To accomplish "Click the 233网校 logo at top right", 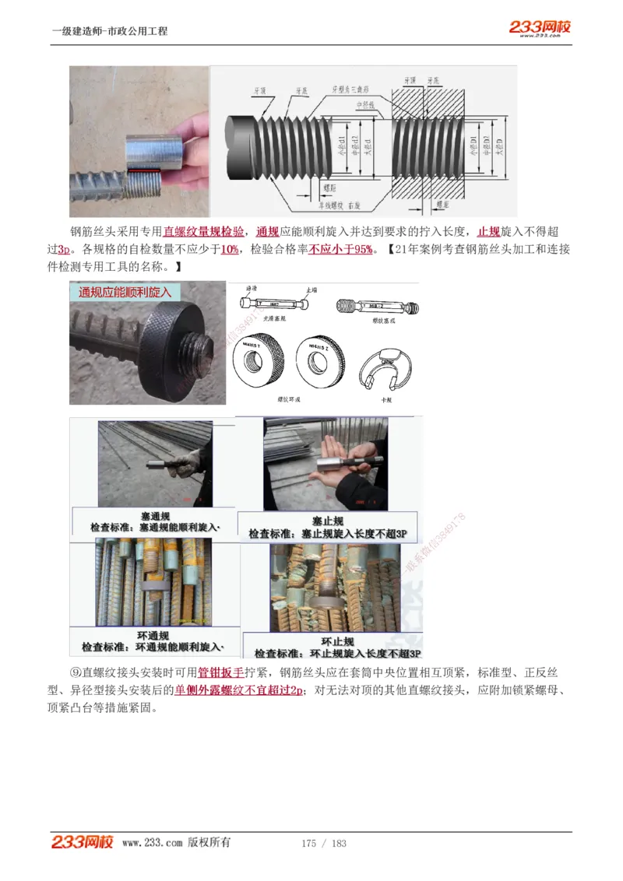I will pos(540,28).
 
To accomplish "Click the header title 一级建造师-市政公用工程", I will pos(109,32).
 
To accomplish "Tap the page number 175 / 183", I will pos(323,844).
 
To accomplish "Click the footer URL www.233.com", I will pos(152,843).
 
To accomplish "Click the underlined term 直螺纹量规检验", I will pos(203,231).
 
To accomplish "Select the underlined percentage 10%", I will pos(230,249).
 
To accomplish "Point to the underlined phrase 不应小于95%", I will pos(341,249).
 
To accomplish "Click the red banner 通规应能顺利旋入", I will pos(125,293).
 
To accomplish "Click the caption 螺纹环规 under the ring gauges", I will pos(289,398).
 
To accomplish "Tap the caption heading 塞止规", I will pos(328,521).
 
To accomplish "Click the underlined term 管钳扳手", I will pos(221,672).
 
